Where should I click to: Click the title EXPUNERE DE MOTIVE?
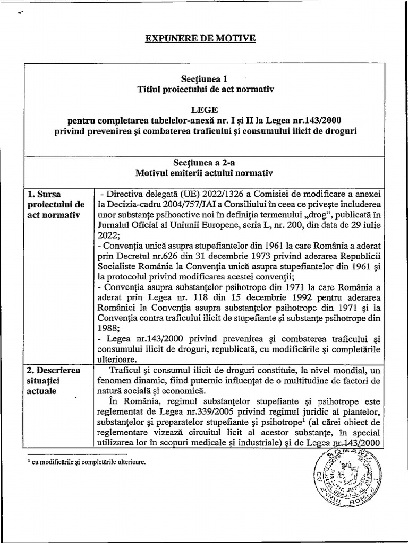(201, 39)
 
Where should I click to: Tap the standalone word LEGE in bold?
(204, 109)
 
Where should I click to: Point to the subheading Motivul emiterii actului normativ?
(204, 173)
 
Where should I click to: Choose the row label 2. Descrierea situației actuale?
(53, 380)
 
